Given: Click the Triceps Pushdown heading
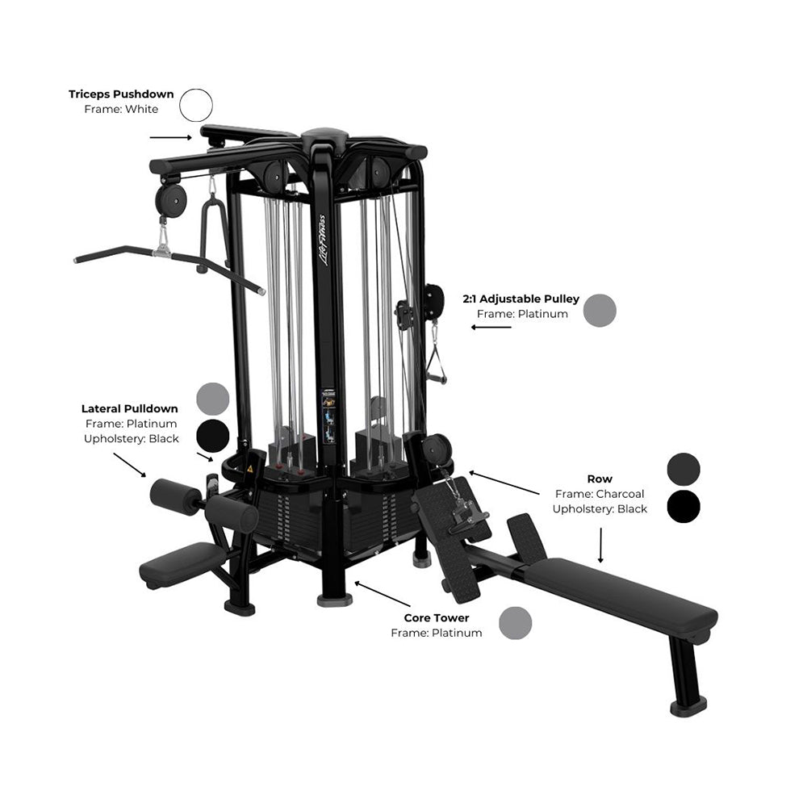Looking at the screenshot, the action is coord(122,94).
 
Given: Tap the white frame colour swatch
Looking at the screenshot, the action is coord(196,105).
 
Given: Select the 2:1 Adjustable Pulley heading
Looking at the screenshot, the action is coord(521,299).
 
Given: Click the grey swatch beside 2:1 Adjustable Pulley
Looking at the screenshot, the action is coord(600,311).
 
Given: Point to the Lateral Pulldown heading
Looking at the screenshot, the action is coord(130,408).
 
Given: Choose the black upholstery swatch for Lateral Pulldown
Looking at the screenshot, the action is coord(212,436).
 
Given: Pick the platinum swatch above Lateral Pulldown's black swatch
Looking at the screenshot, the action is coord(212,399).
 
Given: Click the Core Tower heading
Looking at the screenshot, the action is coord(437,617).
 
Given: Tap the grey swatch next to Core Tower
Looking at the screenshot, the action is coord(515,623).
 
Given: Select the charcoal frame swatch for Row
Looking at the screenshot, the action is coord(684,469).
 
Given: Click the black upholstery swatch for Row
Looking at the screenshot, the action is coord(684,507).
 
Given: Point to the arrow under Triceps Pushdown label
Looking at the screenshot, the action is coord(171,137).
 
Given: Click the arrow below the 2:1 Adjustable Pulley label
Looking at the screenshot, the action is coord(491,327).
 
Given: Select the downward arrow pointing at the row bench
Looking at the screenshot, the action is coord(600,545).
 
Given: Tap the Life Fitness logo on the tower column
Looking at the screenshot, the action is coord(323,240).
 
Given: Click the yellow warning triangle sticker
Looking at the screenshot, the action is coord(250,469).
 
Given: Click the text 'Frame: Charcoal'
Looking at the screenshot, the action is coord(600,494).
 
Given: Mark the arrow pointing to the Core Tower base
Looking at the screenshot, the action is coord(383,594).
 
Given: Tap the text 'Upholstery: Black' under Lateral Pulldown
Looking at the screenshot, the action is coord(132,439).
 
